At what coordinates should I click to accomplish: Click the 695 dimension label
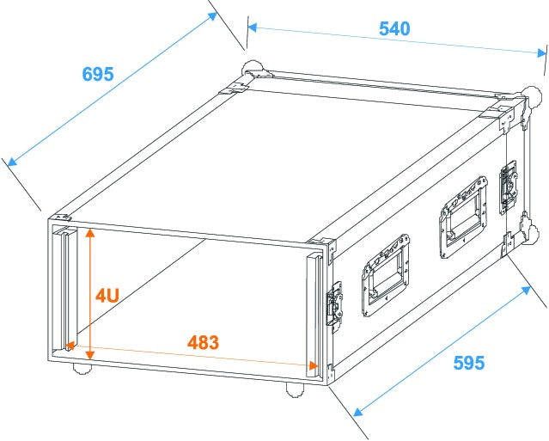pyautogui.click(x=98, y=74)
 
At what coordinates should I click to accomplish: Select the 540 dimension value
pyautogui.click(x=394, y=28)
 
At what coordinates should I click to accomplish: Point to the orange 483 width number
pyautogui.click(x=203, y=341)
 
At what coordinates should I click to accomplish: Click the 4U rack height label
pyautogui.click(x=107, y=296)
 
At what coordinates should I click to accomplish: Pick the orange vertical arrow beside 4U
pyautogui.click(x=88, y=292)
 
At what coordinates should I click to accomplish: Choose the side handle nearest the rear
pyautogui.click(x=461, y=215)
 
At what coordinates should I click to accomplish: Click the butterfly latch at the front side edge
pyautogui.click(x=332, y=305)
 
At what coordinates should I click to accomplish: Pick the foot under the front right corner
pyautogui.click(x=296, y=389)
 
